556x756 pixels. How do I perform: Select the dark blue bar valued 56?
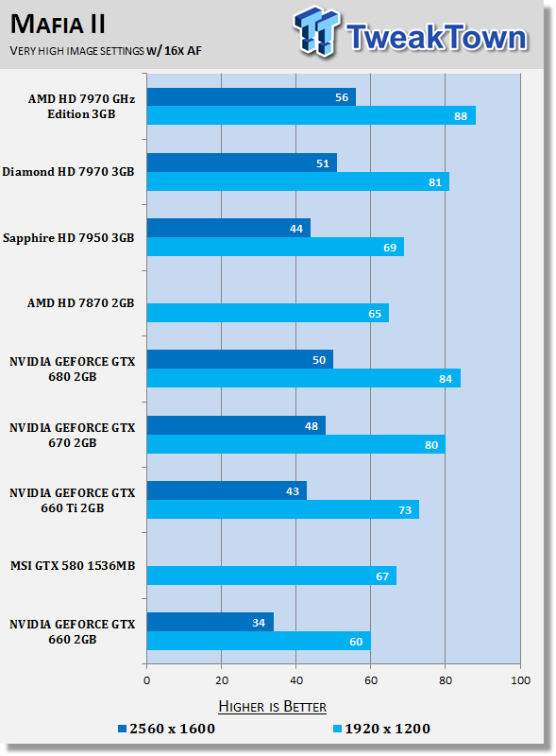[x=251, y=96]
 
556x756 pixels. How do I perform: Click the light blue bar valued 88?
[x=311, y=115]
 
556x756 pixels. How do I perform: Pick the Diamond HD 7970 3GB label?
[x=68, y=172]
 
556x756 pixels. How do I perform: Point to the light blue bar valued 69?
[x=275, y=247]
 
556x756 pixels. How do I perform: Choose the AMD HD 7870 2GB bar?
[x=267, y=312]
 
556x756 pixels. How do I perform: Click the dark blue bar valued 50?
[x=240, y=359]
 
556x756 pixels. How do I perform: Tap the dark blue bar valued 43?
[x=227, y=490]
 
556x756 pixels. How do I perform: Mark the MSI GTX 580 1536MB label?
[x=73, y=566]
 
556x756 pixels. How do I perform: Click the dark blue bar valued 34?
[x=210, y=622]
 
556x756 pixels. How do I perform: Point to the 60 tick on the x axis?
[x=370, y=680]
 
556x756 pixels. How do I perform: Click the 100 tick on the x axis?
[x=519, y=680]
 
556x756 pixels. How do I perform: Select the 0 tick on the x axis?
[x=147, y=680]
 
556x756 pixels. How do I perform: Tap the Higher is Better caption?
[x=273, y=706]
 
